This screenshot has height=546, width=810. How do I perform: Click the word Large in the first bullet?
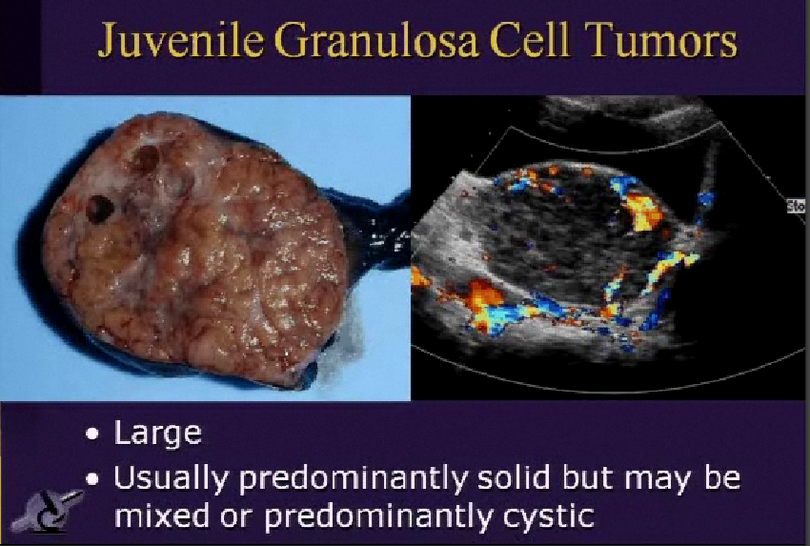coord(158,434)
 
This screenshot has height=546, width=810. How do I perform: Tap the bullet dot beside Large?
coord(92,434)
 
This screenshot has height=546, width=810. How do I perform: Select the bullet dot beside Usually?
coord(92,478)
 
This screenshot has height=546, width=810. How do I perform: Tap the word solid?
coord(487,477)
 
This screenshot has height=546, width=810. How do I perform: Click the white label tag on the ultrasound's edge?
coord(797,205)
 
